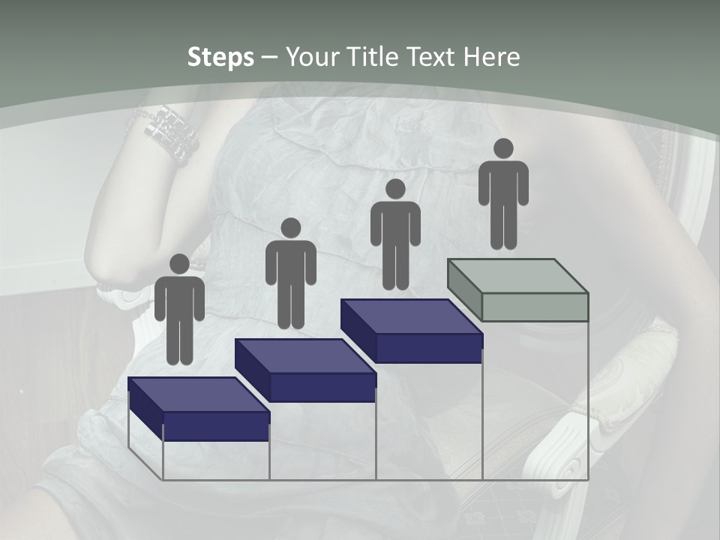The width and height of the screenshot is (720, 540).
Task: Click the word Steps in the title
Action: tap(220, 57)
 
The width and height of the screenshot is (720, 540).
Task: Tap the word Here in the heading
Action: tap(490, 57)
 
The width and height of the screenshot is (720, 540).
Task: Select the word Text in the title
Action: tap(433, 57)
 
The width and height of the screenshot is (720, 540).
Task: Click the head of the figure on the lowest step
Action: tap(179, 264)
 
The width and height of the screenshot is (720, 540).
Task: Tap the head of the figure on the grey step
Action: tap(503, 148)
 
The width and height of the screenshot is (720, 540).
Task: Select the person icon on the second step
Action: tap(290, 273)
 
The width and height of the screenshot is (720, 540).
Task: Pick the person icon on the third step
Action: tap(395, 234)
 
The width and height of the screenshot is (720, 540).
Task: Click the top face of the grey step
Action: tap(517, 275)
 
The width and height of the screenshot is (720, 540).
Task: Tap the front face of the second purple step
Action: tap(322, 387)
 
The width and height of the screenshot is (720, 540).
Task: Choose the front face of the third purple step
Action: tap(428, 348)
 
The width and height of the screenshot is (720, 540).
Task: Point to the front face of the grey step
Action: tap(535, 307)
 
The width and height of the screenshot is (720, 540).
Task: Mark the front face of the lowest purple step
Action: tap(216, 426)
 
